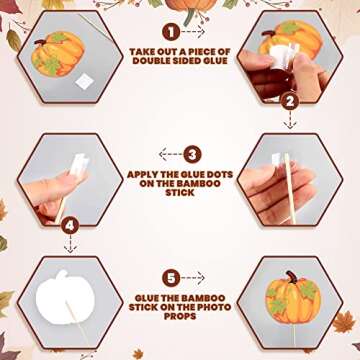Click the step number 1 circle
click(x=171, y=32)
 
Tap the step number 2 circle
click(x=290, y=102)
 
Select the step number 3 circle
click(x=192, y=154)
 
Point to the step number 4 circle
click(x=70, y=226)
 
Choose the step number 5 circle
click(x=171, y=278)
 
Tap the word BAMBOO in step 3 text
click(x=199, y=183)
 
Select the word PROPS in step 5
click(x=180, y=316)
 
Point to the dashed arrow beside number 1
click(x=193, y=32)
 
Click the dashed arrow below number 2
click(x=290, y=120)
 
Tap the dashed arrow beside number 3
click(x=170, y=154)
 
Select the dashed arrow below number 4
click(x=70, y=244)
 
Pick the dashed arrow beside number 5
click(x=193, y=278)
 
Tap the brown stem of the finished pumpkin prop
click(x=291, y=277)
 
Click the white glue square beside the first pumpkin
click(x=84, y=81)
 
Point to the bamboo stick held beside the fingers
click(x=290, y=188)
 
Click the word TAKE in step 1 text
click(x=142, y=52)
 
